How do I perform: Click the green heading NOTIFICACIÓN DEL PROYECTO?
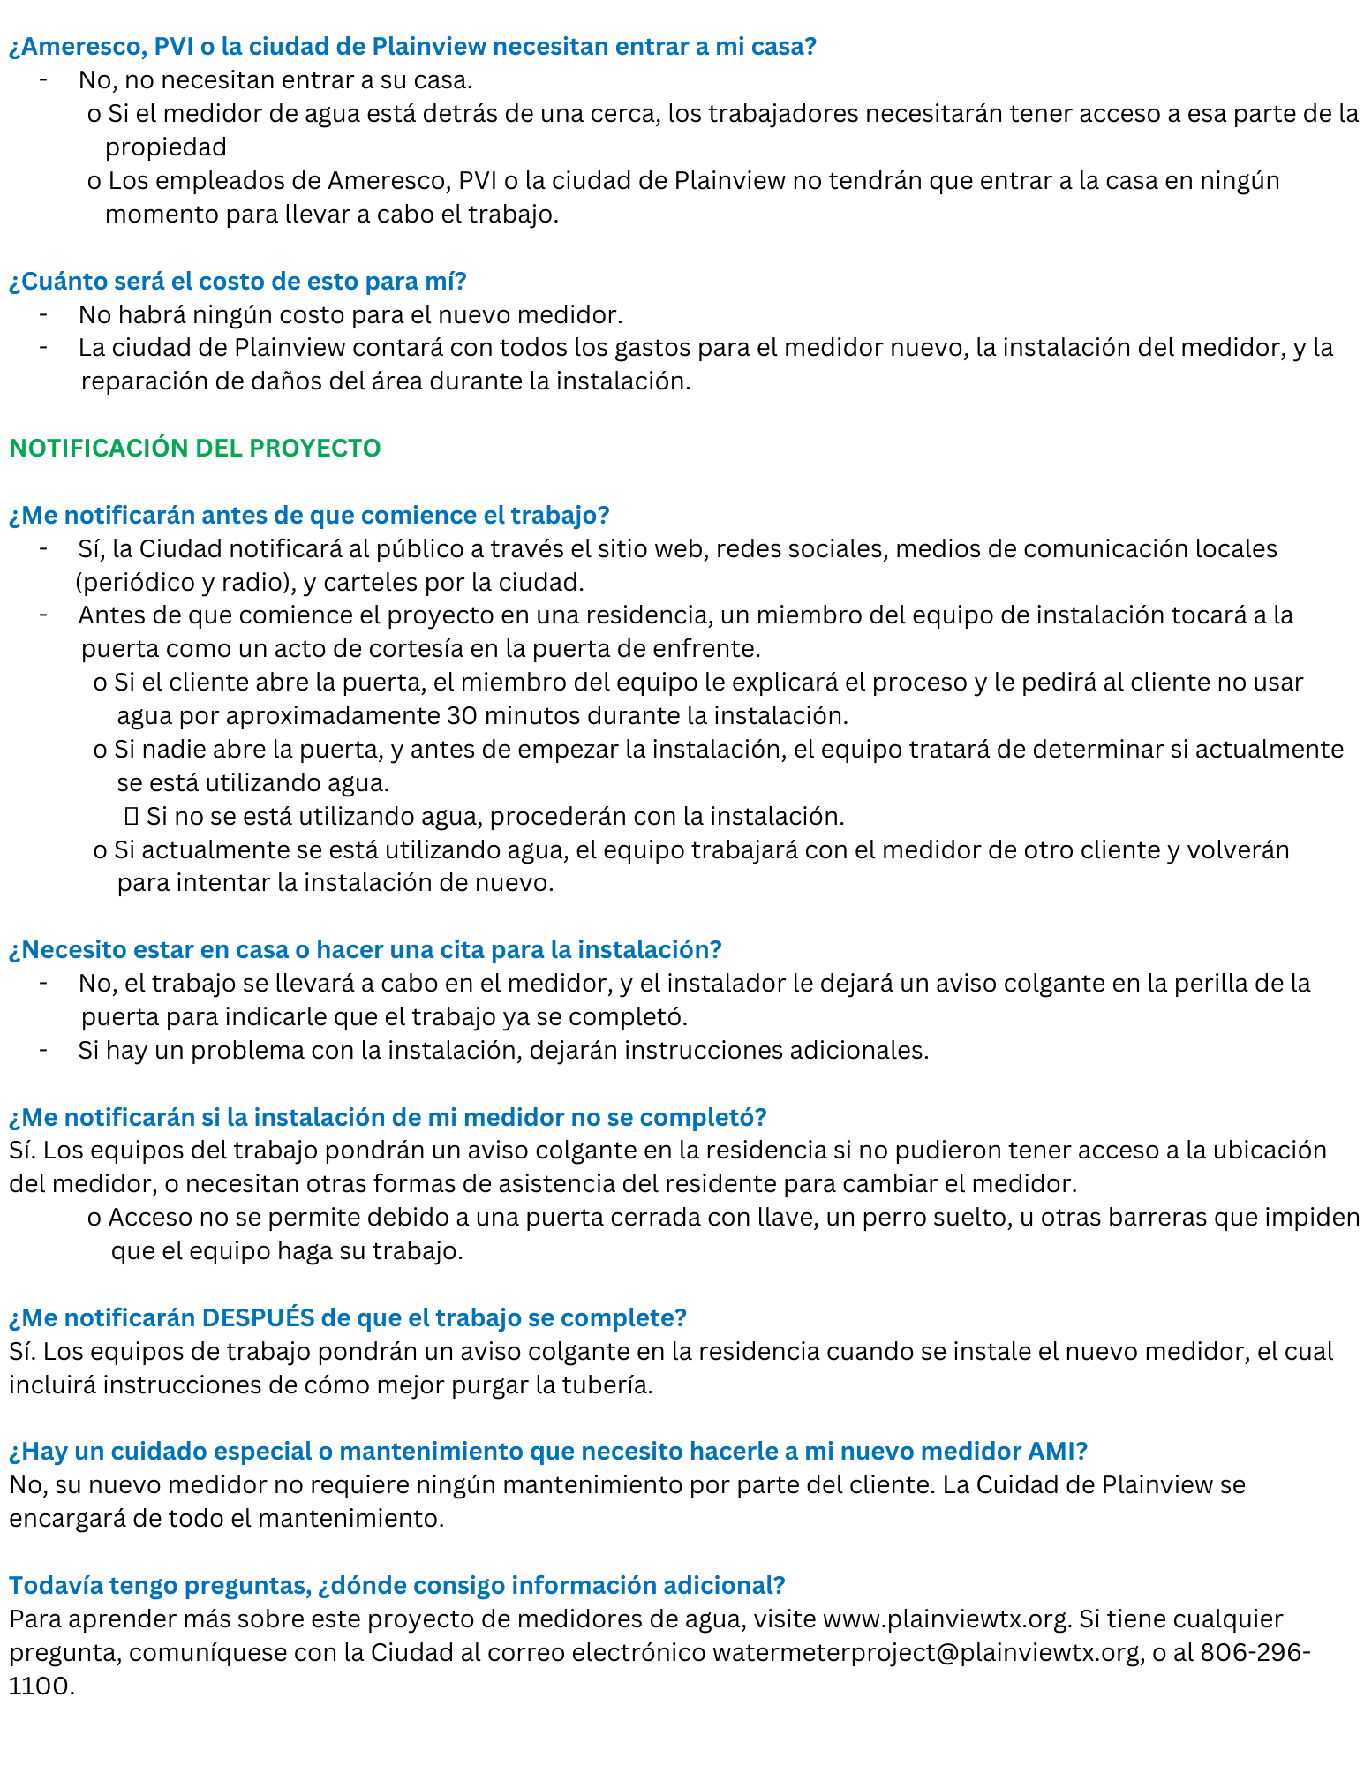(x=194, y=449)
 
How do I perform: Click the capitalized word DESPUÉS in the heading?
(x=258, y=1318)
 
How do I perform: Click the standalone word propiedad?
(x=166, y=147)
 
